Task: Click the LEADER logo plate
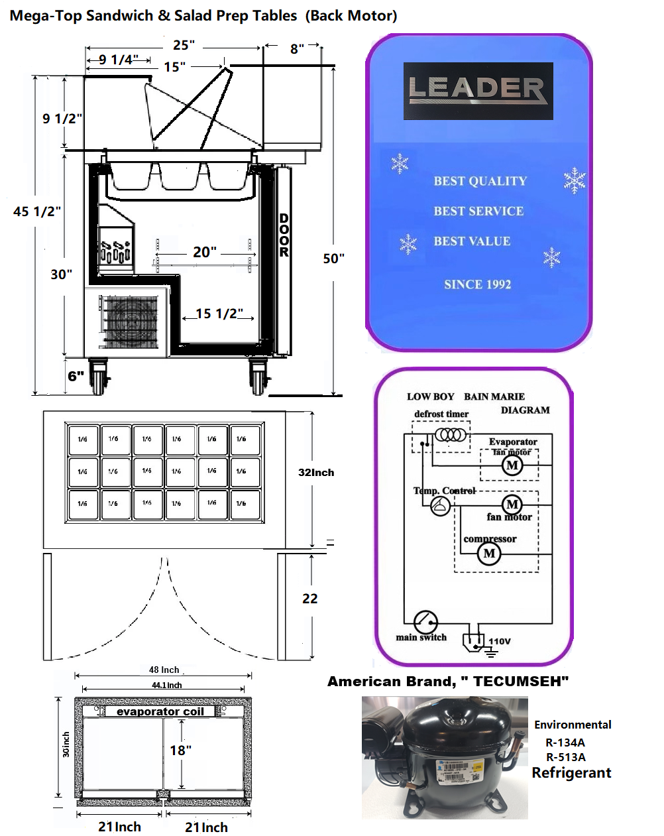point(478,91)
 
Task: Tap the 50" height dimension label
point(333,258)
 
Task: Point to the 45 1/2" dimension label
point(37,211)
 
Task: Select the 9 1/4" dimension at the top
point(119,60)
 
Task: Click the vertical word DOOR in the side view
point(284,235)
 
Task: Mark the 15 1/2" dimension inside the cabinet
point(219,314)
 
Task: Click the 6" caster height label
point(76,376)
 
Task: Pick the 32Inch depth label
point(316,473)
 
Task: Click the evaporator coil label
point(160,711)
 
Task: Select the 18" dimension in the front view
point(180,750)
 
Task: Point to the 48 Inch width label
point(164,670)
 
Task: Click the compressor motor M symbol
point(489,553)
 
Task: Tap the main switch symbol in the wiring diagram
point(425,623)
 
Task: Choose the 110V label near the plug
point(500,641)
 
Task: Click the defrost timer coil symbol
point(451,435)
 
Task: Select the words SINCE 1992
point(477,284)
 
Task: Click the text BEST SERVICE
point(478,211)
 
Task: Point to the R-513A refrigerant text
point(565,757)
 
